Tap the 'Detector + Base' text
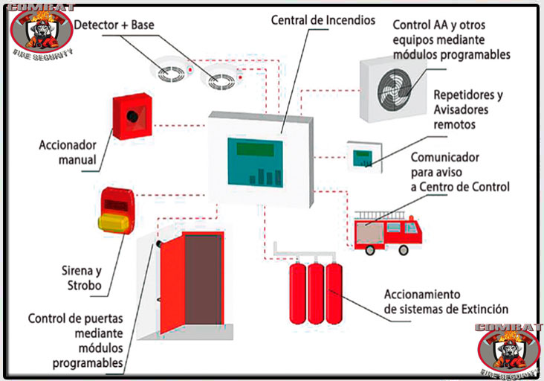[x=115, y=25]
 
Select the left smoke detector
[x=169, y=72]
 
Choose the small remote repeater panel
[x=362, y=156]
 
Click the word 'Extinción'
[x=482, y=309]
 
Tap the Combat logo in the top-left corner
[x=42, y=30]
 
